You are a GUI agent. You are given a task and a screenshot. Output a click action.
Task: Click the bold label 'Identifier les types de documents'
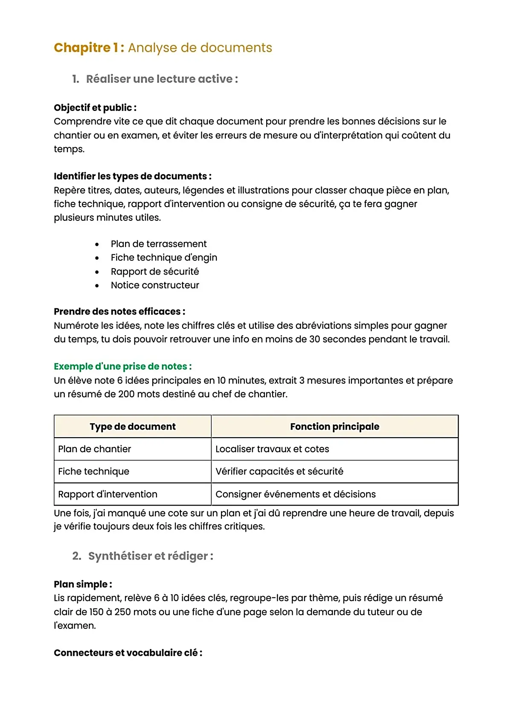[x=132, y=176]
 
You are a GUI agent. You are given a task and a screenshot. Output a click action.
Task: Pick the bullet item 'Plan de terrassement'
[x=158, y=244]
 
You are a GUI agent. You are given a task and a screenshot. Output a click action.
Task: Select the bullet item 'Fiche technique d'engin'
[x=164, y=257]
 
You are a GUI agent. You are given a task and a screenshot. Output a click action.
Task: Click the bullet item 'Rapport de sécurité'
[x=154, y=272]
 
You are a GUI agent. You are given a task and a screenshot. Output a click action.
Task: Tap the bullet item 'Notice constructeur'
[x=154, y=285]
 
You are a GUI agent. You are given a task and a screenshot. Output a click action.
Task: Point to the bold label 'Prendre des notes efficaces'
[x=119, y=312]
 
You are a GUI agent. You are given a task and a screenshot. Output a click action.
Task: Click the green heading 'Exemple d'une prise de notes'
[x=122, y=366]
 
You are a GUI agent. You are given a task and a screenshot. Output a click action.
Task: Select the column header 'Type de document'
[x=133, y=427]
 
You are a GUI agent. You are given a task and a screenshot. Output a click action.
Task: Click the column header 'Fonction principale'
[x=335, y=427]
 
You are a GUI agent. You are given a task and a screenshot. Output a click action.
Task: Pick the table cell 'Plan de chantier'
[x=95, y=449]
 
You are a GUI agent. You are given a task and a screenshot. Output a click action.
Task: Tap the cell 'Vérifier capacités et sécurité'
[x=279, y=471]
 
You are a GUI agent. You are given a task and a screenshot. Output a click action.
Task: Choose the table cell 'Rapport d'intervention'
[x=108, y=494]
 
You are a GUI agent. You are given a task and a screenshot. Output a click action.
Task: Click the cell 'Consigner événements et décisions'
[x=295, y=494]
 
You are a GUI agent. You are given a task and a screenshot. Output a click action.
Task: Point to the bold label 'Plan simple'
[x=83, y=584]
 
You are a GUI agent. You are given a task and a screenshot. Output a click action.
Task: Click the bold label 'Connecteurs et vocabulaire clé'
[x=128, y=653]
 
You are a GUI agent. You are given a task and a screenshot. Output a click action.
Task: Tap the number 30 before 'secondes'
[x=314, y=339]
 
